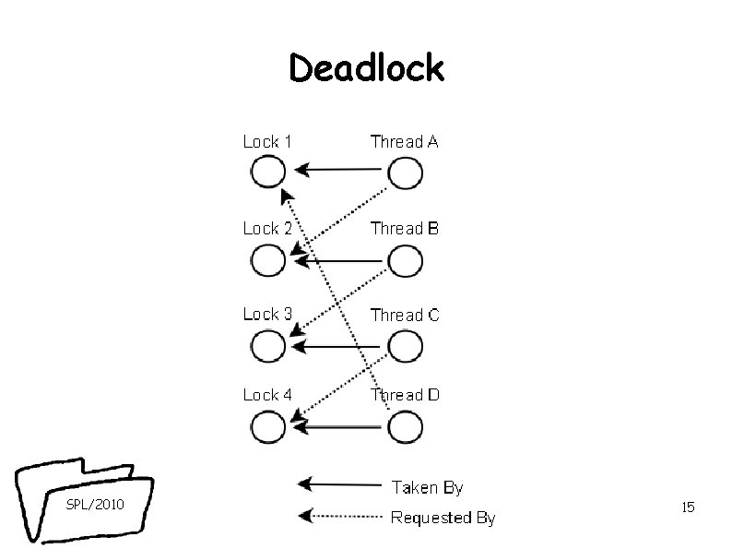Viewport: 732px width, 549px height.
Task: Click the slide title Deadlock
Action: coord(366,67)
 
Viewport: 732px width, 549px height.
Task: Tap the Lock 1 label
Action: coord(267,141)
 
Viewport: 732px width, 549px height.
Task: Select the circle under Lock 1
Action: coord(267,173)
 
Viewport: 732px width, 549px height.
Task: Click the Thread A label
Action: coord(404,141)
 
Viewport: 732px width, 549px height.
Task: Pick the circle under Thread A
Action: coord(406,173)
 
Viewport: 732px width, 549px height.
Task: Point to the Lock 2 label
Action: coord(267,228)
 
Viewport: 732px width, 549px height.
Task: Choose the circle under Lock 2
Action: coord(267,262)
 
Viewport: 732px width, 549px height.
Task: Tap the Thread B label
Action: coord(404,228)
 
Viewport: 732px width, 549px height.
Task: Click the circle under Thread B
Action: coord(406,262)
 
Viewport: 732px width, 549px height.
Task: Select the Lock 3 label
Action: coord(267,314)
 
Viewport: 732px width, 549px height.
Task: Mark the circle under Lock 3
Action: coord(267,347)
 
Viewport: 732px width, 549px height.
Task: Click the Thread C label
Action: coord(405,315)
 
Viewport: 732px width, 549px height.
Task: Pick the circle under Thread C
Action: coord(406,347)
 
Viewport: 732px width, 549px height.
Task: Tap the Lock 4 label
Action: coord(267,394)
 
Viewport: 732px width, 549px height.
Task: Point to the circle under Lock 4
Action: coord(267,427)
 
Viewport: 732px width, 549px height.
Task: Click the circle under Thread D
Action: coord(406,427)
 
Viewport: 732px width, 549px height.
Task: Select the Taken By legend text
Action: coord(428,486)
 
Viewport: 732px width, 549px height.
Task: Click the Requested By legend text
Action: coord(443,518)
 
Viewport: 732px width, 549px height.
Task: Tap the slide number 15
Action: coord(687,507)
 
